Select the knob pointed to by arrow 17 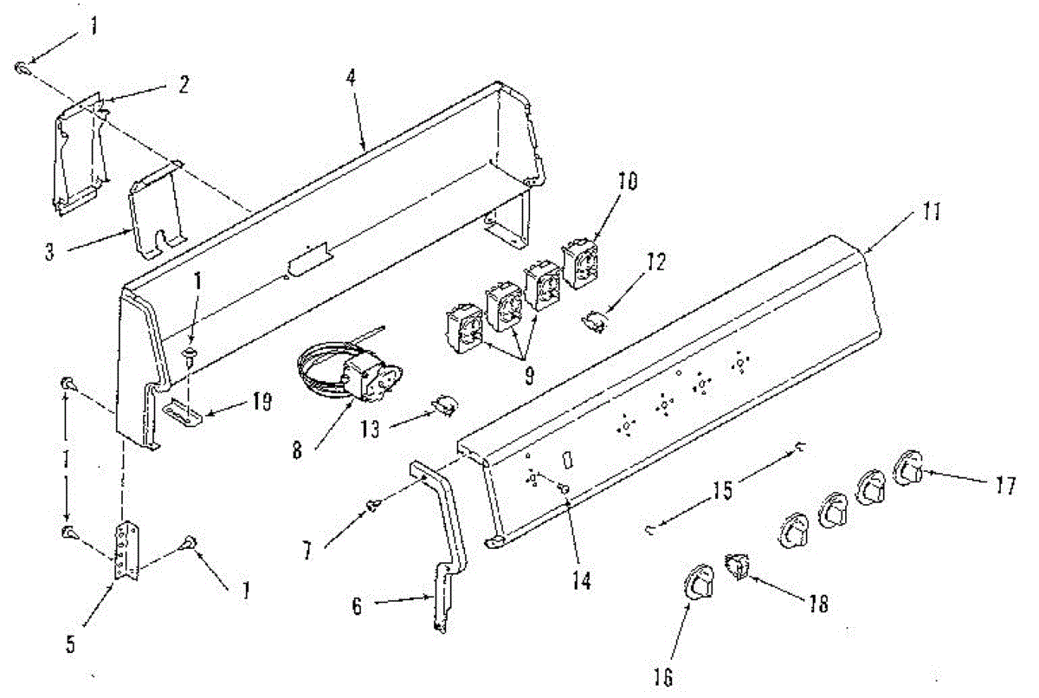pyautogui.click(x=907, y=469)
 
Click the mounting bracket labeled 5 pyautogui.click(x=128, y=550)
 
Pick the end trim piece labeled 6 pyautogui.click(x=447, y=554)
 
